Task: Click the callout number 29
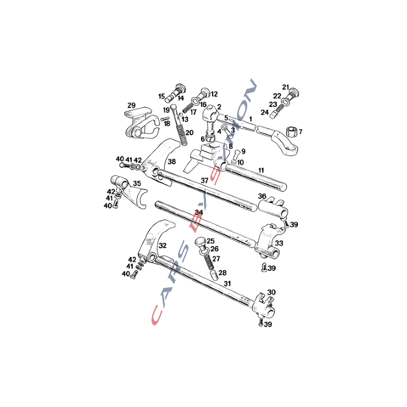131,105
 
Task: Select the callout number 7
301,132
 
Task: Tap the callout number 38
171,162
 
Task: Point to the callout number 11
261,170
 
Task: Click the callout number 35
137,184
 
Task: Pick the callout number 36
262,196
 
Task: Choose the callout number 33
279,243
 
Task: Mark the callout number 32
162,245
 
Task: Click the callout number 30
271,292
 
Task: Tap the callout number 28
222,273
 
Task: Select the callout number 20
189,133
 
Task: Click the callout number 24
265,112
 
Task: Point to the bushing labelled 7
292,132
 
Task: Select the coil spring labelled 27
208,261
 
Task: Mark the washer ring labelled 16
194,100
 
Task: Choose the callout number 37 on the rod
205,180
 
